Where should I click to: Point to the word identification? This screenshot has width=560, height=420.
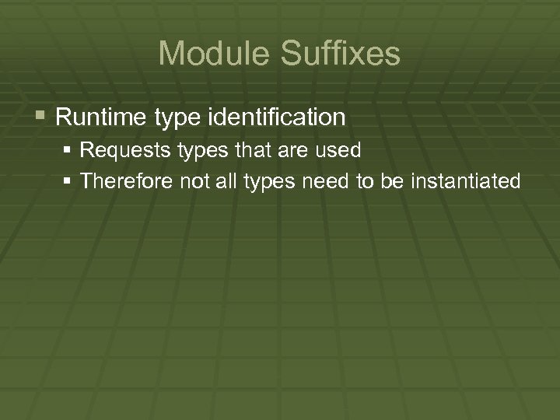[277, 117]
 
